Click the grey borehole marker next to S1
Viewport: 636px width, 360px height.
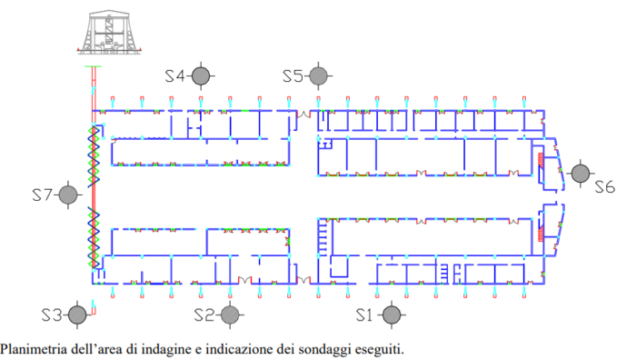pos(392,315)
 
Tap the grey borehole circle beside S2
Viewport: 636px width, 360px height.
pos(230,315)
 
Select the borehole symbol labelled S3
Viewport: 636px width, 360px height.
pos(77,315)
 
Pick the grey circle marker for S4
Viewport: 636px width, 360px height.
pos(201,75)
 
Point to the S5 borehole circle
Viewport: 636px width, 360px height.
pos(318,75)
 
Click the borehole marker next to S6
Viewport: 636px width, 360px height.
pos(581,174)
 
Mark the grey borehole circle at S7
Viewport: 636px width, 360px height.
pos(68,195)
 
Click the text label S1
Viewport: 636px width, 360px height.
pos(363,315)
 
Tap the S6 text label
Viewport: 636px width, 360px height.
pos(605,187)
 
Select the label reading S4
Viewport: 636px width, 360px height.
pos(174,75)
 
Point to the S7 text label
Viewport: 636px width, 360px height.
pos(42,195)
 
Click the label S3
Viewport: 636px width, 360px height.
pos(52,315)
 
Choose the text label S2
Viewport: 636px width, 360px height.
pos(204,315)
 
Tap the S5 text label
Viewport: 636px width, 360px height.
pos(293,75)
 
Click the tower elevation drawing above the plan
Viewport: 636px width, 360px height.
pos(109,33)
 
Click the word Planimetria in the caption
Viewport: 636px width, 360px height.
pos(34,349)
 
